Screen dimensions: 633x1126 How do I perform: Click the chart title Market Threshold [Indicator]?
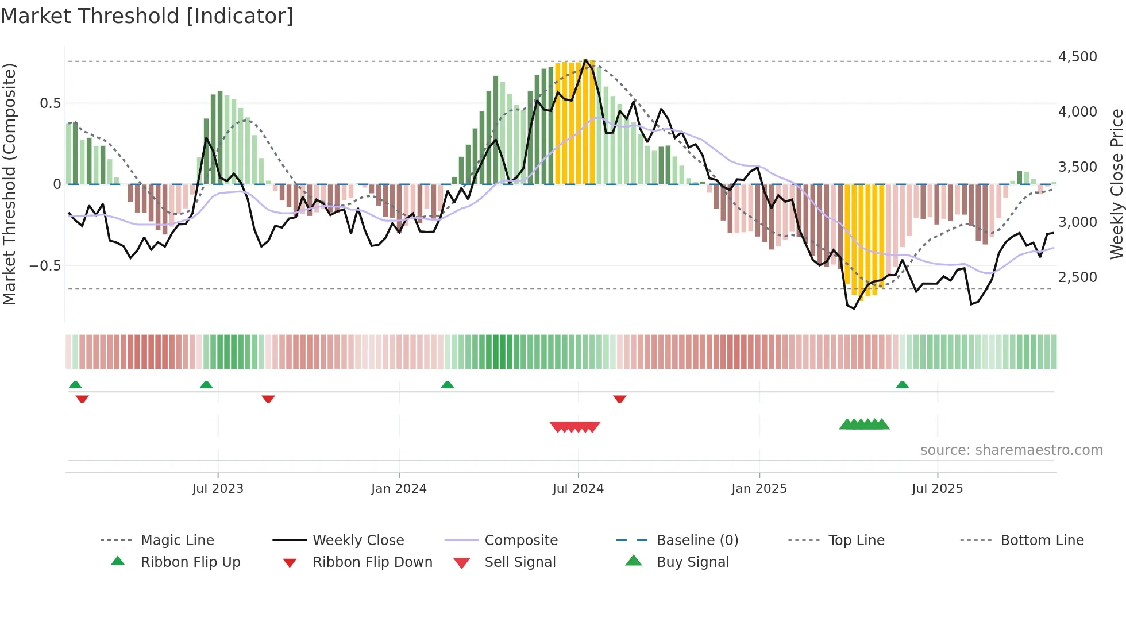[x=147, y=16]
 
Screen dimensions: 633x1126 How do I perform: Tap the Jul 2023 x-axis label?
[x=218, y=489]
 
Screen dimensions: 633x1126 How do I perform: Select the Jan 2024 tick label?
[x=399, y=489]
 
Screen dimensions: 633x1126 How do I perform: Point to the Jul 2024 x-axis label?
[x=578, y=489]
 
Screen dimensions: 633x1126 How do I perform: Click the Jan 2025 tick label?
[x=759, y=489]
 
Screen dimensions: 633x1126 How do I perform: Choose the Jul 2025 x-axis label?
[x=937, y=489]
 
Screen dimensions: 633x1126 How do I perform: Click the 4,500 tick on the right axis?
[x=1077, y=57]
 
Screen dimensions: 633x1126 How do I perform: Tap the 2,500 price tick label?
[x=1077, y=277]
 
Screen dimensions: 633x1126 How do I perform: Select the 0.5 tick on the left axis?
[x=50, y=103]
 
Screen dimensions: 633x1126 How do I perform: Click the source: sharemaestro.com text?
[x=1011, y=450]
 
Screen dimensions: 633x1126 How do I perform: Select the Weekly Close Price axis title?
[x=1116, y=184]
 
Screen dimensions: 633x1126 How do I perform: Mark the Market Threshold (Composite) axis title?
[x=9, y=184]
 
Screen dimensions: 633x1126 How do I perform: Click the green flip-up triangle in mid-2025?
[x=902, y=385]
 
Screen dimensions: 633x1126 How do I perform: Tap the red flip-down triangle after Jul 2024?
[x=619, y=399]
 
